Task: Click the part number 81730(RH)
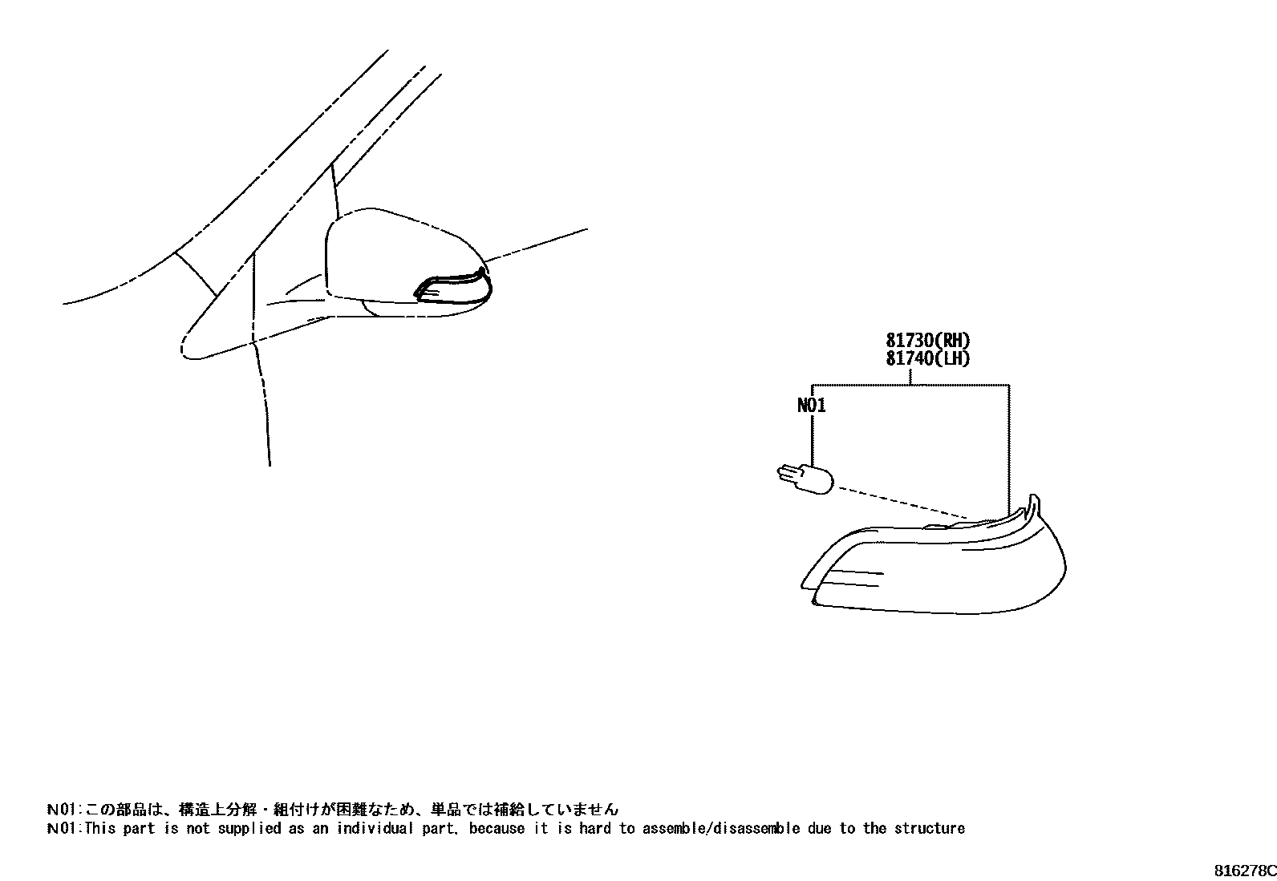click(928, 341)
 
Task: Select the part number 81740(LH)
click(928, 358)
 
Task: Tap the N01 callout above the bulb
click(811, 406)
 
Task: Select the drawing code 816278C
click(1243, 870)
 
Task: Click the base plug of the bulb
click(789, 475)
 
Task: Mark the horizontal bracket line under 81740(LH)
click(910, 386)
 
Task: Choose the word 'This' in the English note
click(101, 828)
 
